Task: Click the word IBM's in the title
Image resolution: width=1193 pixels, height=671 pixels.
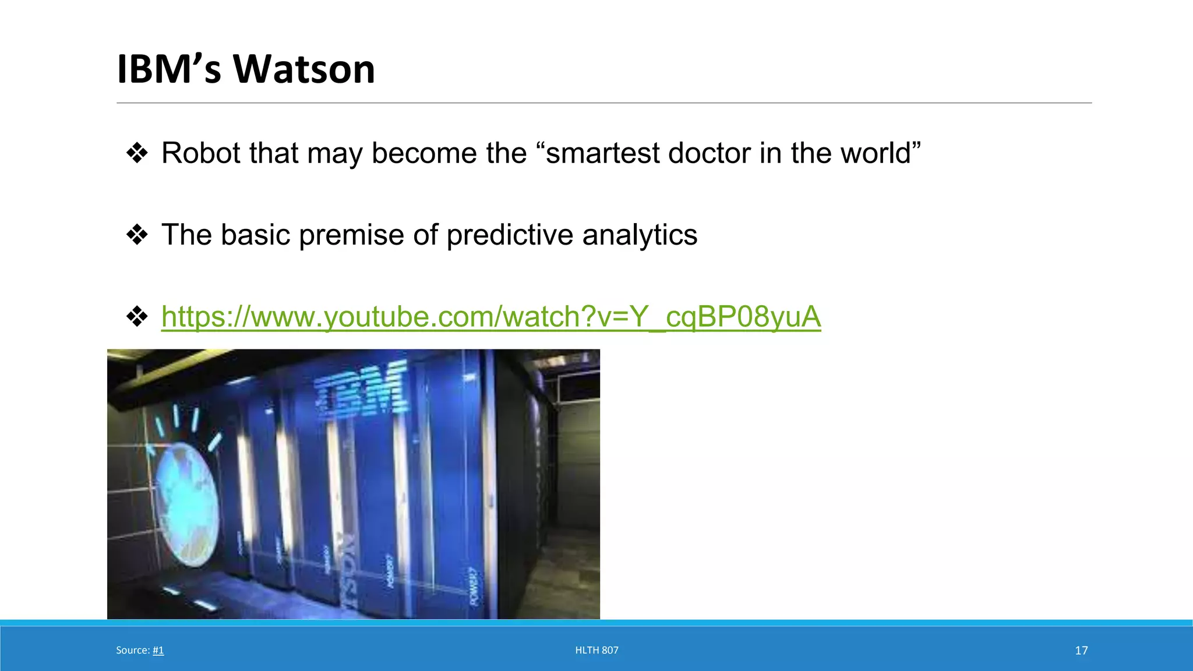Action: [169, 69]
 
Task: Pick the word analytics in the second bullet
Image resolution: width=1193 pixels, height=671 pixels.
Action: [640, 235]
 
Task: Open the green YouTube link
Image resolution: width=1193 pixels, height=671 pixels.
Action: [491, 317]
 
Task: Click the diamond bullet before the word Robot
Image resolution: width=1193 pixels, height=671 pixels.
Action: [137, 153]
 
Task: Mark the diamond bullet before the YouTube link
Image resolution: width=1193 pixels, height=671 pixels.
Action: [137, 317]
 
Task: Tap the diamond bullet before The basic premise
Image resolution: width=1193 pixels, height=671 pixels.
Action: [137, 235]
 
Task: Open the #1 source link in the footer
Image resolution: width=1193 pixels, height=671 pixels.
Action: [158, 650]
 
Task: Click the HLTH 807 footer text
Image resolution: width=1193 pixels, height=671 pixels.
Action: [596, 650]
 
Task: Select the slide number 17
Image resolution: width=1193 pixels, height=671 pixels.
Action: [1081, 650]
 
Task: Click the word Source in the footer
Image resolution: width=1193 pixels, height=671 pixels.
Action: [132, 650]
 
